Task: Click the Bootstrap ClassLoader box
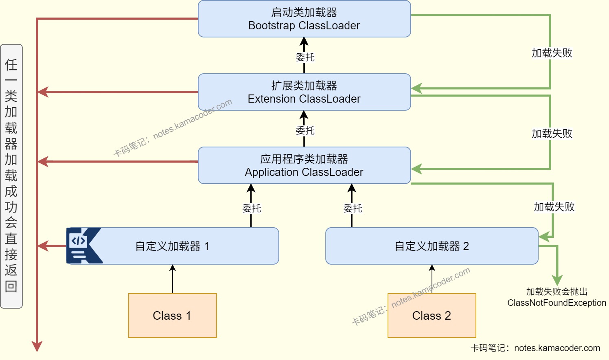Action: pyautogui.click(x=304, y=19)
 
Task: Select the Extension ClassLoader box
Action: pyautogui.click(x=304, y=92)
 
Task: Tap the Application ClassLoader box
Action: pyautogui.click(x=304, y=165)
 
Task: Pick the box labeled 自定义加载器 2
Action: pyautogui.click(x=432, y=246)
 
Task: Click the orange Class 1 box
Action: pyautogui.click(x=172, y=316)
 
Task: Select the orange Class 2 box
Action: pyautogui.click(x=432, y=316)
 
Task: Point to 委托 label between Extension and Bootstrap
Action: pyautogui.click(x=305, y=57)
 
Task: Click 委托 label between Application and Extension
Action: pyautogui.click(x=305, y=131)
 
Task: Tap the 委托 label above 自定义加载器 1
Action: pyautogui.click(x=252, y=209)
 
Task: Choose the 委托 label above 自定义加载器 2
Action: pyautogui.click(x=353, y=209)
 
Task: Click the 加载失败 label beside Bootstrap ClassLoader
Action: pyautogui.click(x=552, y=53)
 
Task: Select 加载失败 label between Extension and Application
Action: pyautogui.click(x=552, y=134)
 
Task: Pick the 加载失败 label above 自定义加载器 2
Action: pyautogui.click(x=554, y=207)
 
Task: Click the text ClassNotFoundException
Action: pyautogui.click(x=556, y=303)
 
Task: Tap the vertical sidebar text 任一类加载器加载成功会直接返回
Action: pyautogui.click(x=11, y=176)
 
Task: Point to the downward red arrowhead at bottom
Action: pyautogui.click(x=37, y=346)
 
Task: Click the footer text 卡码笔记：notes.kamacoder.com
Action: pyautogui.click(x=535, y=348)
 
